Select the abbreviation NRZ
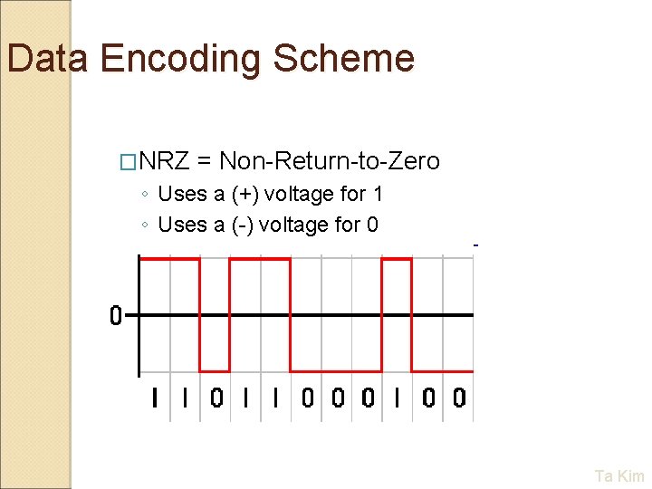164,161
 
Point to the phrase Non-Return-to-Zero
330,161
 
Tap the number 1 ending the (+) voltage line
378,194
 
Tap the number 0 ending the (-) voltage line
372,225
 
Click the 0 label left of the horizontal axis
115,316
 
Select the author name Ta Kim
619,475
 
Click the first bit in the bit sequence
155,398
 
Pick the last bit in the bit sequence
459,398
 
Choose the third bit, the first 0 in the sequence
216,398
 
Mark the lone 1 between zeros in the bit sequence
398,398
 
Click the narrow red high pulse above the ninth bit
397,259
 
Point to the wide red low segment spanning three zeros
336,371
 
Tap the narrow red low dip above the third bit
215,371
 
